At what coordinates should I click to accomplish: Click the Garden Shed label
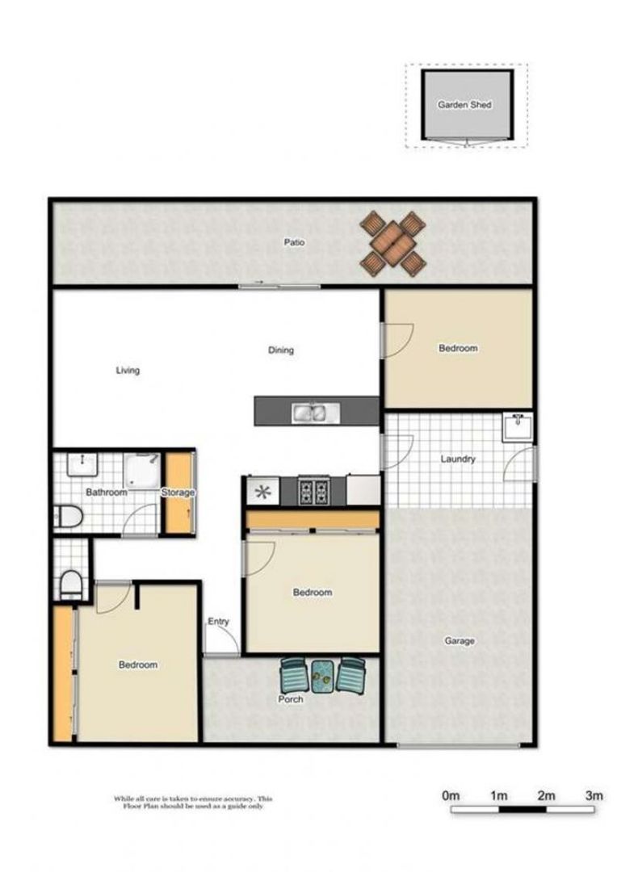464,105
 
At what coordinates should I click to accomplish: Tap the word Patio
294,242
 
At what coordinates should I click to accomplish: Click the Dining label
281,350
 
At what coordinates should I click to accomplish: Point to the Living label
128,371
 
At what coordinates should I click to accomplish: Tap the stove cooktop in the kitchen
313,491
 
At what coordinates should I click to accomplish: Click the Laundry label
458,459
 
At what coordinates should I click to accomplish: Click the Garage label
460,641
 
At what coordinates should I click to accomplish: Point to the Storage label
178,493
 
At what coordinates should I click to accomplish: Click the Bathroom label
107,493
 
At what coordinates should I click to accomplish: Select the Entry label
218,622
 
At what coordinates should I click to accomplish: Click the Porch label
290,699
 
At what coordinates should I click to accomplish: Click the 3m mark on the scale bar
594,796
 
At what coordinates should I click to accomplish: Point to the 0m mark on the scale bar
451,796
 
